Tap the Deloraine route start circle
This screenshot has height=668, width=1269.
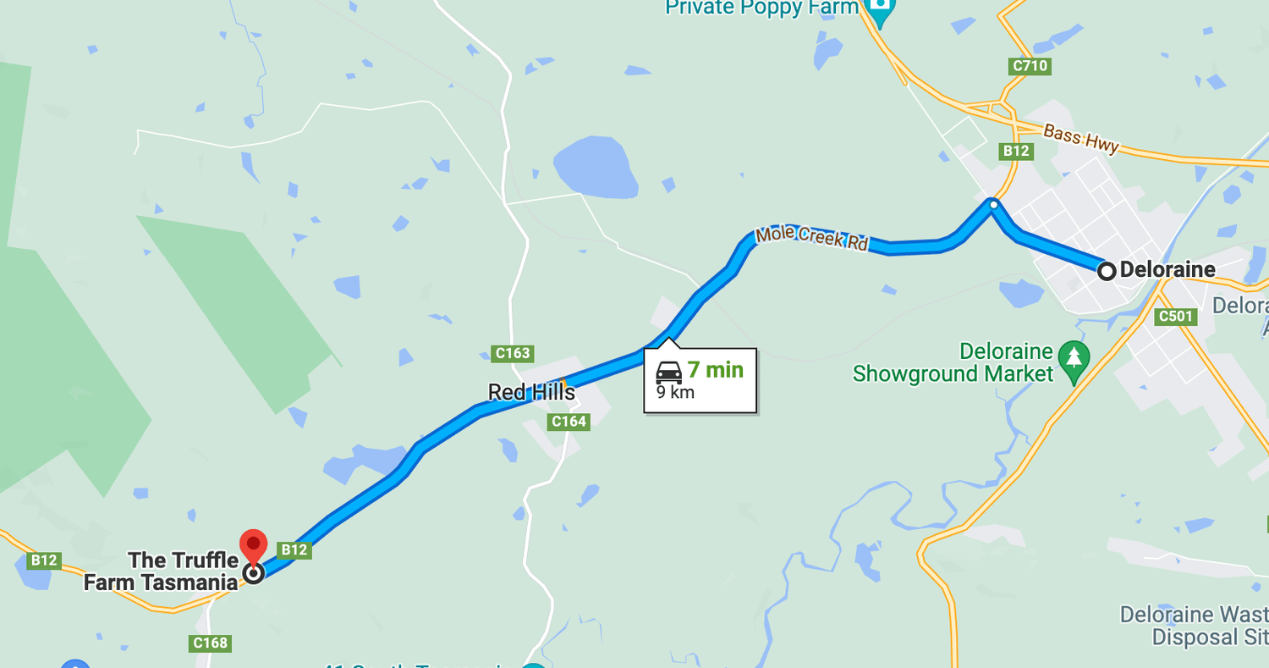1107,271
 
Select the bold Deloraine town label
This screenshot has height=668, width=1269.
1167,270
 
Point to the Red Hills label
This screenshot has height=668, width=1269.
531,392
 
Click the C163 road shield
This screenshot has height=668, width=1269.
513,353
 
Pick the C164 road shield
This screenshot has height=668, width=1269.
568,422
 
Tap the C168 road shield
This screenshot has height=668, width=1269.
210,643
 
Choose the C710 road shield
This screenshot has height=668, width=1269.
1030,66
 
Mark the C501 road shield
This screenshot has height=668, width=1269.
1176,317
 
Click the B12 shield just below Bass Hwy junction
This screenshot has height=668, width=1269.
1016,151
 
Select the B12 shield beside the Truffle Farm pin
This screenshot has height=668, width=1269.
294,550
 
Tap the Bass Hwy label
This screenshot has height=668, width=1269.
1080,139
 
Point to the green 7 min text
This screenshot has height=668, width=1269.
715,370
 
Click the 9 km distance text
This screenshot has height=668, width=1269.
675,392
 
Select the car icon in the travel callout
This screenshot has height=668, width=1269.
668,371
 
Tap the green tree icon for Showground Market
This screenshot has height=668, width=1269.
1074,362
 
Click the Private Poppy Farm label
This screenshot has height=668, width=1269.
761,8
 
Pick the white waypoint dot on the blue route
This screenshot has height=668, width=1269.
993,204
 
